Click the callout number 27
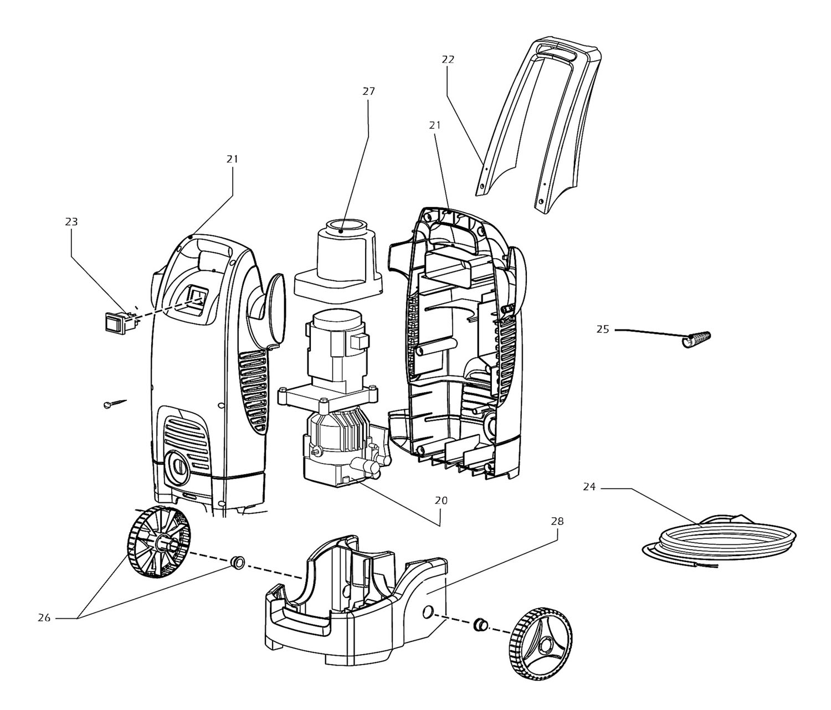click(368, 91)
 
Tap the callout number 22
click(448, 59)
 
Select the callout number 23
click(71, 222)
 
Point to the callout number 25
click(602, 330)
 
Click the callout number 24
click(589, 487)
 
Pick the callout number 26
click(44, 618)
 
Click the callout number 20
click(441, 500)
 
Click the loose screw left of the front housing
click(114, 404)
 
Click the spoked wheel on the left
click(159, 543)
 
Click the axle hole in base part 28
click(427, 613)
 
